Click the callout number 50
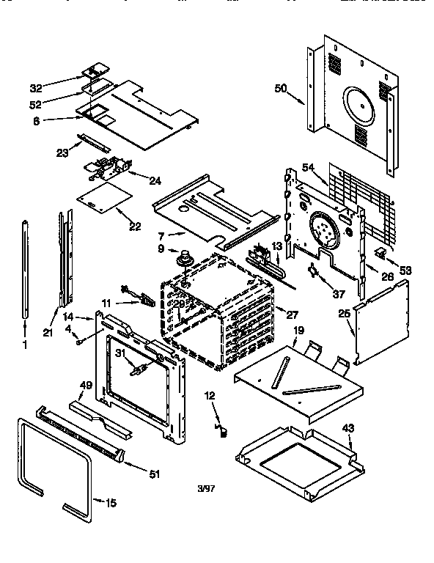(x=281, y=89)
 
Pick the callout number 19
(x=298, y=331)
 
